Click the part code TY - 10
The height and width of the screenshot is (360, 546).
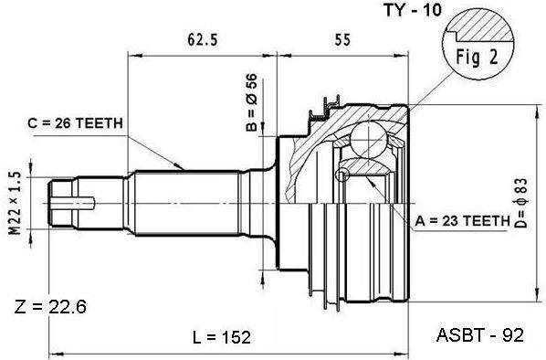(413, 10)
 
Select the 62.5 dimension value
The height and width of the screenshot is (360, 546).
(203, 39)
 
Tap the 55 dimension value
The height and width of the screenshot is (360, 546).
(342, 39)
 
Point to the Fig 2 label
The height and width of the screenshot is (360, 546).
(477, 58)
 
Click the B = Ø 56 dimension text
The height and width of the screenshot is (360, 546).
(251, 102)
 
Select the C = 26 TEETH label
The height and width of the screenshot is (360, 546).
(75, 123)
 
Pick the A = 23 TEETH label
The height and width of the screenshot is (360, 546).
(462, 220)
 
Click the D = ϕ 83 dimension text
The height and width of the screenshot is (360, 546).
(521, 203)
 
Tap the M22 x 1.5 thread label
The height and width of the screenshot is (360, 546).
(15, 204)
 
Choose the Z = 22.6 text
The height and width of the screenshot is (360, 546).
(50, 307)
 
